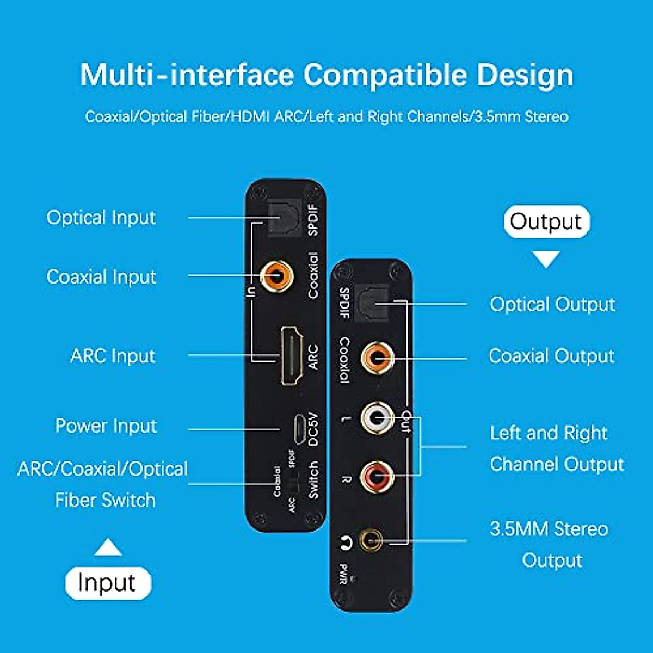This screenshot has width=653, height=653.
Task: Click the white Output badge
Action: click(x=546, y=222)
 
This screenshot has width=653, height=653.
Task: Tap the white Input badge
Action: click(x=108, y=583)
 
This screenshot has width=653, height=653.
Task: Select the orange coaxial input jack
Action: click(x=276, y=276)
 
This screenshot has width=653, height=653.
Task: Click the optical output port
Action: click(x=372, y=303)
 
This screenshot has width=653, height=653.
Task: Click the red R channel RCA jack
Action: click(x=378, y=477)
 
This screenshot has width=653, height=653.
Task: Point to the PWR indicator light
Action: click(x=354, y=579)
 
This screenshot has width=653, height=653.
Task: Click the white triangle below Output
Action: click(x=546, y=258)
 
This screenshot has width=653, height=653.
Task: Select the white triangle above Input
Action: click(x=108, y=548)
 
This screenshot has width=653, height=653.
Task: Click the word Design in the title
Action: click(x=525, y=75)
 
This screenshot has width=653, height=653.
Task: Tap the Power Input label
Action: click(x=106, y=426)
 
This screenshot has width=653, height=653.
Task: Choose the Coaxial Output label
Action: click(x=552, y=356)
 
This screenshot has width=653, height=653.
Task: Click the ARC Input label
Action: click(x=113, y=356)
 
